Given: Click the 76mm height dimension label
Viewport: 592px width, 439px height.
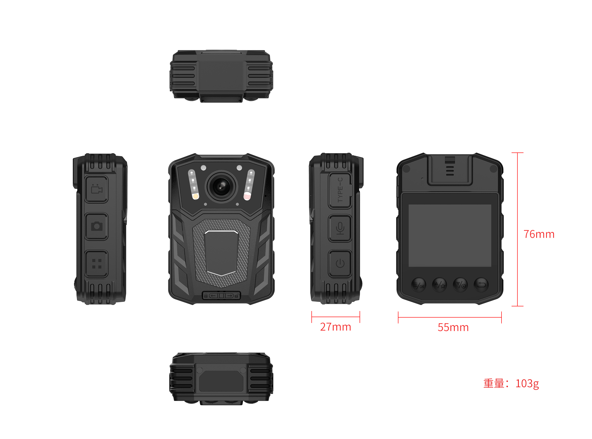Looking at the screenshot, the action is coord(539,234).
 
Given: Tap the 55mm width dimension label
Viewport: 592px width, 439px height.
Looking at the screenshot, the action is coord(453,327).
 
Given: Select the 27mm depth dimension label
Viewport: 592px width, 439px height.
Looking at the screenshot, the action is coord(335,327).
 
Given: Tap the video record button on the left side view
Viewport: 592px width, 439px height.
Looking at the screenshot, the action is coord(97,189).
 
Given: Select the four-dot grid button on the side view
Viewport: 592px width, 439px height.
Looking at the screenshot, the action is coord(97,264).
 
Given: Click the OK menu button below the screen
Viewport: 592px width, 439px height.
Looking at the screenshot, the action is coord(419,285).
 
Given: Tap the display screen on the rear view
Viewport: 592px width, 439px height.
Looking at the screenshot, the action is coord(450,235).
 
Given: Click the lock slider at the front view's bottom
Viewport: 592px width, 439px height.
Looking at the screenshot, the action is coord(221,295).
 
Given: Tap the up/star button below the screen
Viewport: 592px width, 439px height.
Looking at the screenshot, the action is coord(440,285).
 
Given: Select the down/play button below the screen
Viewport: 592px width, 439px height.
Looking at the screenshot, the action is coord(460,285).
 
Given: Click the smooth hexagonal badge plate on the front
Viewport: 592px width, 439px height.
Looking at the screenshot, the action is coord(221,253).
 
